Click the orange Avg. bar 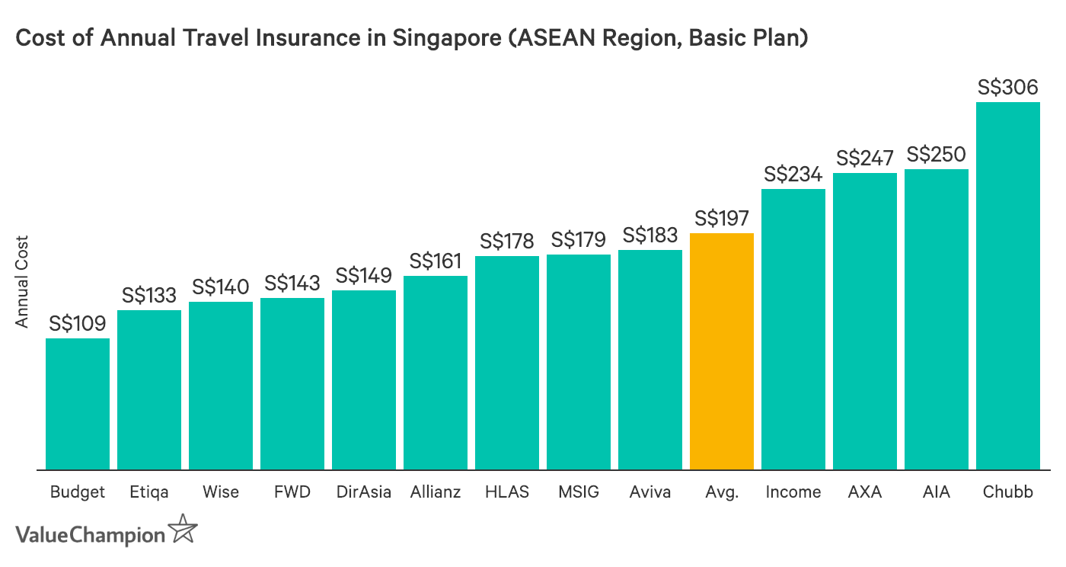pyautogui.click(x=721, y=351)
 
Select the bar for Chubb pyautogui.click(x=1007, y=286)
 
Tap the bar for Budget pyautogui.click(x=78, y=404)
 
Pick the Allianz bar pyautogui.click(x=436, y=372)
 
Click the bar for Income pyautogui.click(x=793, y=329)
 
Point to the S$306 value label pyautogui.click(x=1007, y=88)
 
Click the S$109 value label pyautogui.click(x=78, y=324)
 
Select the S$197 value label pyautogui.click(x=721, y=219)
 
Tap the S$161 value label pyautogui.click(x=436, y=261)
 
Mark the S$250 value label pyautogui.click(x=936, y=155)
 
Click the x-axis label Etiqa pyautogui.click(x=148, y=492)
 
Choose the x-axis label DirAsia pyautogui.click(x=363, y=492)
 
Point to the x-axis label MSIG pyautogui.click(x=578, y=492)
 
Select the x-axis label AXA pyautogui.click(x=864, y=492)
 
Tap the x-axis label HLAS pyautogui.click(x=506, y=492)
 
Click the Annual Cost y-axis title pyautogui.click(x=22, y=280)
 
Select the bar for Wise pyautogui.click(x=221, y=386)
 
